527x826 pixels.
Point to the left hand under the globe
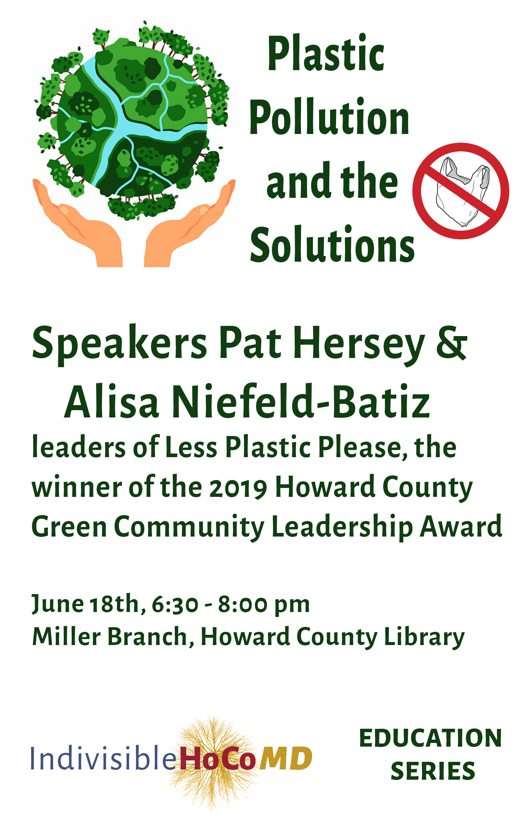click(77, 223)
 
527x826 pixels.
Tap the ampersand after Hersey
click(452, 343)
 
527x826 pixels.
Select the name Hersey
click(359, 345)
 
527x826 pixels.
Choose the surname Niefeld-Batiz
click(301, 401)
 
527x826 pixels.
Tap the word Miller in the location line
click(66, 636)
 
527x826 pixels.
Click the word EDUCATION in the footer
click(431, 738)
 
